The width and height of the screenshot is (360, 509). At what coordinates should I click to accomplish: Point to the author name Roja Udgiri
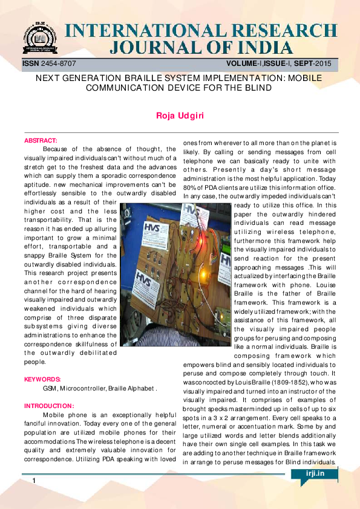[x=180, y=115]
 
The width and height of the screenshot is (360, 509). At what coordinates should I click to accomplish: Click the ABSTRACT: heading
[x=41, y=140]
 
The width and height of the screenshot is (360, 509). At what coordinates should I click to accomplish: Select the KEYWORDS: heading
[x=42, y=380]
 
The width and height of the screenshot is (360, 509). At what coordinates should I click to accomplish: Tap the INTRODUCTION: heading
[x=49, y=406]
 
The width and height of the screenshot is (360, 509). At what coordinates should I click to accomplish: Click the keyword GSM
[x=51, y=389]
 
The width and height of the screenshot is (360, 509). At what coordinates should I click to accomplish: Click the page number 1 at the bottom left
[x=34, y=481]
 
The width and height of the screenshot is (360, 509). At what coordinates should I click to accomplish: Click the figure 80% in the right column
[x=190, y=186]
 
